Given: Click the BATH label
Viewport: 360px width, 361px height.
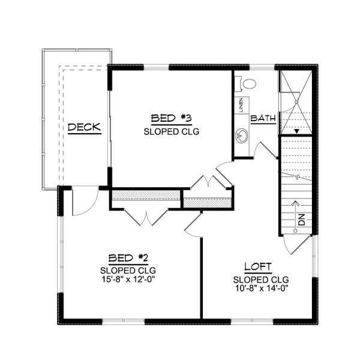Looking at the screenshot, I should point(263,119).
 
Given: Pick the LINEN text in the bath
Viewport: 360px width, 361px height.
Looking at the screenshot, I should point(241,105).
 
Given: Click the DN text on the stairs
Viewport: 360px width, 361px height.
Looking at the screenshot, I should point(301,220).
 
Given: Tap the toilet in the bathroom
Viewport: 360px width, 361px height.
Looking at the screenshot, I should point(248,83).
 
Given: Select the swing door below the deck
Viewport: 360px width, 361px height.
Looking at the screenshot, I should point(80,201).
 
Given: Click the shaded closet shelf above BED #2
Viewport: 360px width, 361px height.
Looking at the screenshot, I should point(146,195).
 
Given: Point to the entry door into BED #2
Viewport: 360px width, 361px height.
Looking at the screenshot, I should point(194,224).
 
